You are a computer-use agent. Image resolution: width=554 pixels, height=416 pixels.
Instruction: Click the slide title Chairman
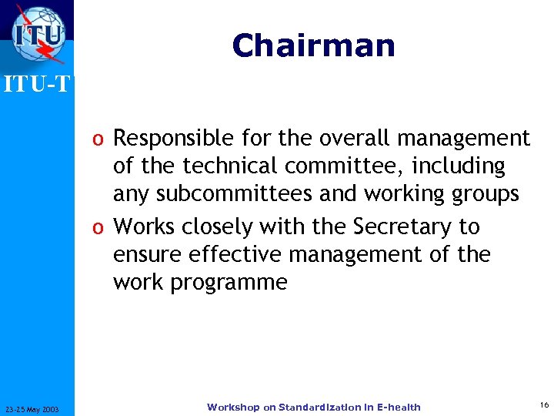click(x=313, y=45)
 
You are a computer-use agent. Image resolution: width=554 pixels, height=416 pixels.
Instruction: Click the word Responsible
click(x=162, y=139)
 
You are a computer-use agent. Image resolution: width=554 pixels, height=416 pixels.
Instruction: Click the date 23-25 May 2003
click(x=37, y=408)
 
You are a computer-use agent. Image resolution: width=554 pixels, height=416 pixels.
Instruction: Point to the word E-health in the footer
click(x=397, y=407)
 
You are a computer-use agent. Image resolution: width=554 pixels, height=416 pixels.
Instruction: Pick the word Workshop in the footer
click(x=233, y=407)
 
